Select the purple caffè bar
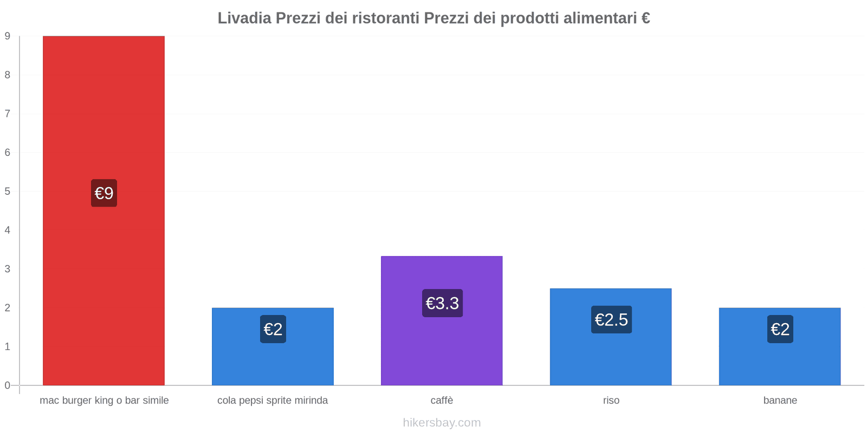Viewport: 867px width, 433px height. pos(442,346)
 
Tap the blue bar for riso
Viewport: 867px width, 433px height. pos(611,357)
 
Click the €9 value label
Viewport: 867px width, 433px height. pos(104,193)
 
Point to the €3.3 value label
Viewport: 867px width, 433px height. pos(442,303)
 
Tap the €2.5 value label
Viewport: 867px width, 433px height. pos(611,319)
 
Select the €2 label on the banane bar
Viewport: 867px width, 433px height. pos(780,329)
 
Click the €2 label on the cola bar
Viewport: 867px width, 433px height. pos(273,329)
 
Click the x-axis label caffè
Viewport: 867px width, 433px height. pos(442,401)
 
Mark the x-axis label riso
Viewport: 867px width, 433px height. pos(611,401)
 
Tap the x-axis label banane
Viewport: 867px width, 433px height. pos(780,401)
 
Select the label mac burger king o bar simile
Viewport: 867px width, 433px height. pos(104,401)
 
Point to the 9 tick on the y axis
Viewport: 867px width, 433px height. pos(8,36)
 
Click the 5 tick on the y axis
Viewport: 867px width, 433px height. pos(8,192)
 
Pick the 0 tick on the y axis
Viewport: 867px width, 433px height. pos(8,385)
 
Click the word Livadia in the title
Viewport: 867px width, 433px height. pos(244,18)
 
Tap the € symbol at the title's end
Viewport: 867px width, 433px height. pos(645,18)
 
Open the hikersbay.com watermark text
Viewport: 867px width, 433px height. pos(442,423)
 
